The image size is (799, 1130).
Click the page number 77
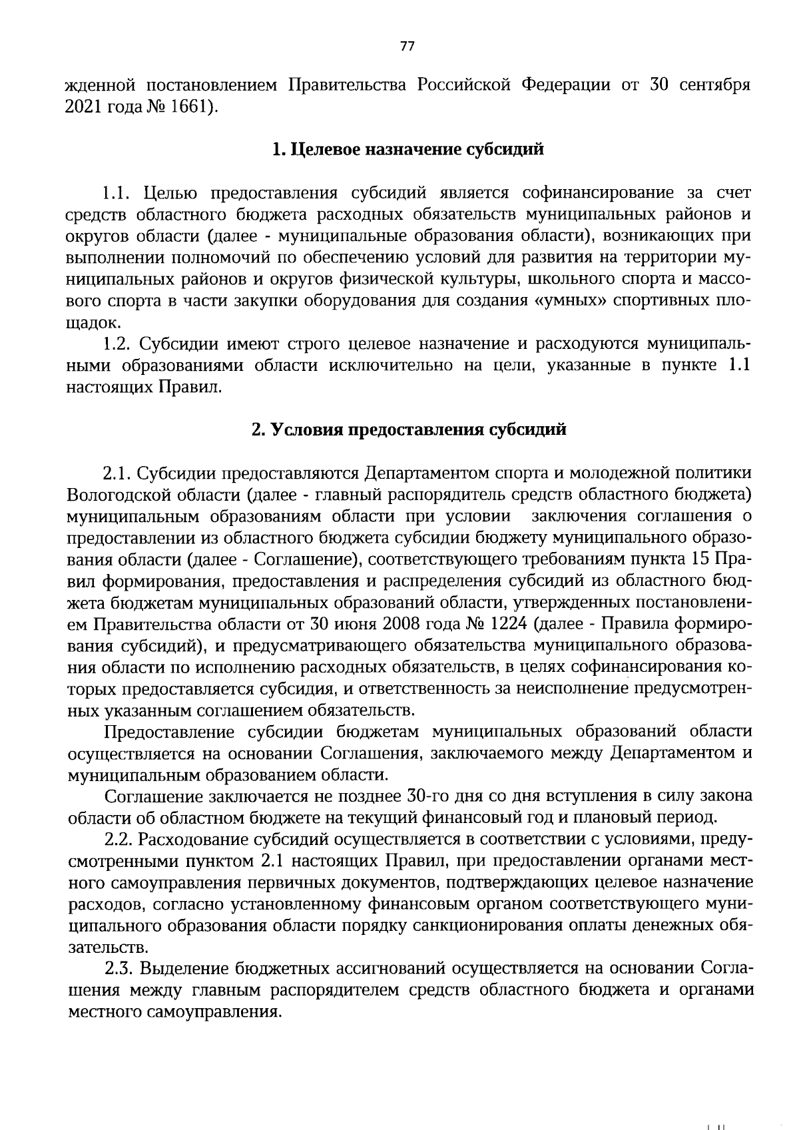point(407,45)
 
